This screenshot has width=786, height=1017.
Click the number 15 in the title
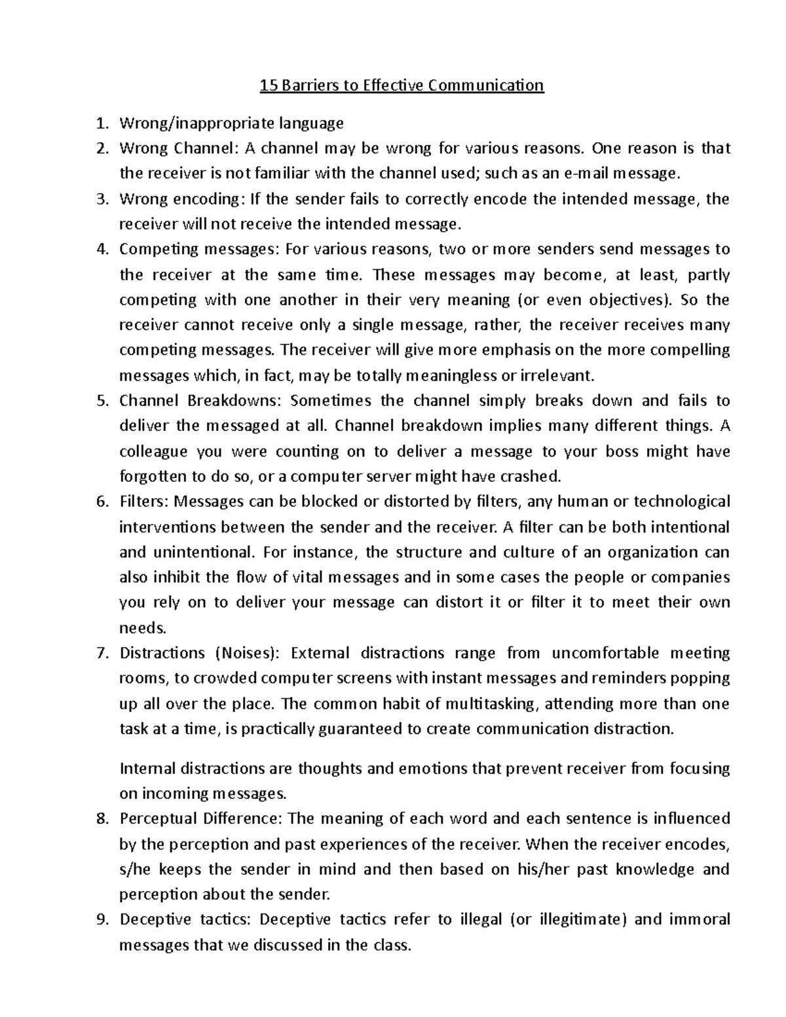click(268, 85)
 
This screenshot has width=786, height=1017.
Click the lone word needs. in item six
click(143, 628)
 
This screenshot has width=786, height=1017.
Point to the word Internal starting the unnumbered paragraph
click(147, 768)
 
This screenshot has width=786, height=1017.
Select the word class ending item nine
click(391, 945)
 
